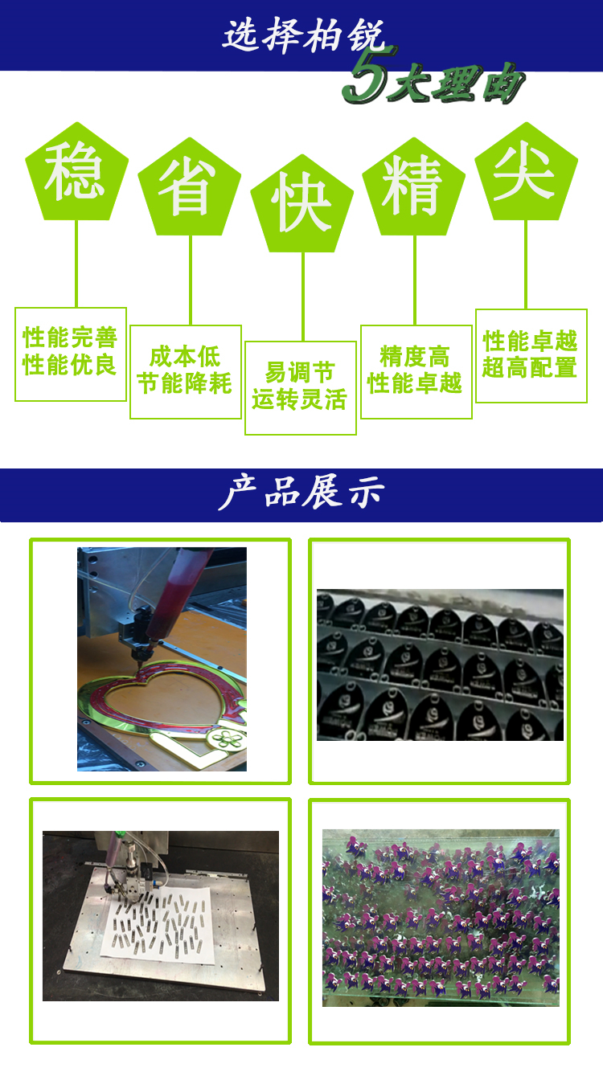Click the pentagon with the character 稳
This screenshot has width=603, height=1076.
(77, 174)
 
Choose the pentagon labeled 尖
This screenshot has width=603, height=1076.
(526, 174)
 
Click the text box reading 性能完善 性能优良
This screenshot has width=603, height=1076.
(71, 354)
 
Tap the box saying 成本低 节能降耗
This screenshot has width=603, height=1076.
(186, 372)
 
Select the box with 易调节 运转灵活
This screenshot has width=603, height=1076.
(301, 388)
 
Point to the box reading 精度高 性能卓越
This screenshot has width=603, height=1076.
(416, 372)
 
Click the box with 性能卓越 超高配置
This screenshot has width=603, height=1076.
(531, 356)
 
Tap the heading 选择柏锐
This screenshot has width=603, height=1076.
(304, 35)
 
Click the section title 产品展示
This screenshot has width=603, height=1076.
(301, 492)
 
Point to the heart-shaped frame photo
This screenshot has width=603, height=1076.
(162, 659)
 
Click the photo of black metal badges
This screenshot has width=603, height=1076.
(440, 665)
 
